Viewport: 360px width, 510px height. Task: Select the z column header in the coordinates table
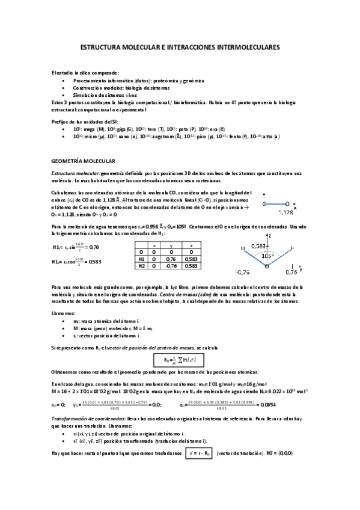(x=190, y=246)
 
